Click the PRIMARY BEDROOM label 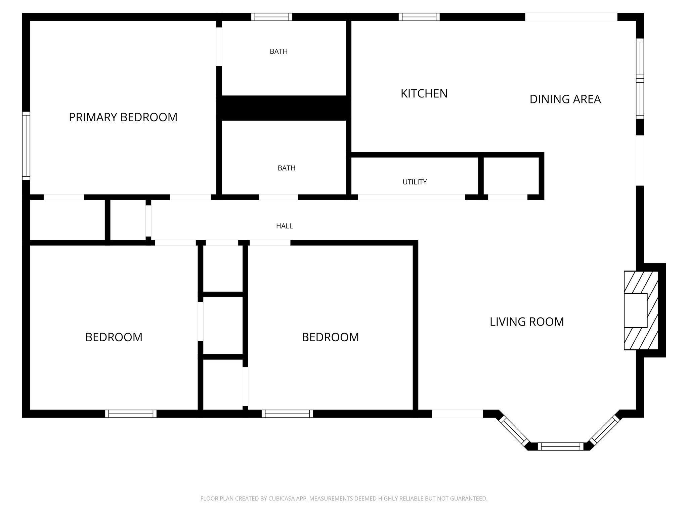(123, 117)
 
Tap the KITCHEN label (424, 93)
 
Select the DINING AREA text (565, 99)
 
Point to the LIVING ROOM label (526, 322)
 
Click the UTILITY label (415, 182)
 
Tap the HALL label (284, 226)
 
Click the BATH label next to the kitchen (278, 51)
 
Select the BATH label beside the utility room (286, 168)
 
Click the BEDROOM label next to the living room (330, 337)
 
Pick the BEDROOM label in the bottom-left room (114, 337)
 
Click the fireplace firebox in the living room (635, 310)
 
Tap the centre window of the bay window (561, 446)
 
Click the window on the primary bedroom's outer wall (26, 146)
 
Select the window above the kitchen (419, 17)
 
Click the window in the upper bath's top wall (272, 17)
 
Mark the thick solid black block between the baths (284, 108)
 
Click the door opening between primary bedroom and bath (219, 47)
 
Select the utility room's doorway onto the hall (411, 197)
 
